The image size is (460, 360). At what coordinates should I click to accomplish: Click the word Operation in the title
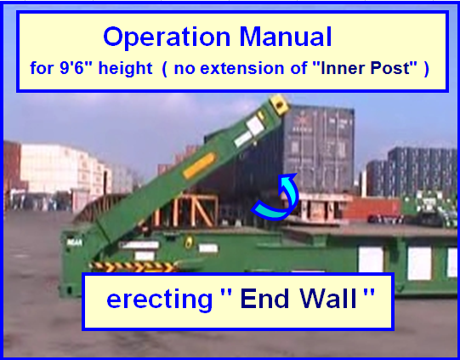(167, 37)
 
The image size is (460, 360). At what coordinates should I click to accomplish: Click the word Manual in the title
(286, 37)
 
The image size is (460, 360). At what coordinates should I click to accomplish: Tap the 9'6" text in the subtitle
(71, 68)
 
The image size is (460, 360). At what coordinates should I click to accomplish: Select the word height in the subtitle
(125, 69)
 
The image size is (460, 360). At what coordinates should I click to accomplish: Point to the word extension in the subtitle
(243, 68)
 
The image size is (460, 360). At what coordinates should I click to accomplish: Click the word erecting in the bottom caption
(159, 300)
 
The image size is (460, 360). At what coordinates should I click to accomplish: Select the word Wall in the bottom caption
(328, 299)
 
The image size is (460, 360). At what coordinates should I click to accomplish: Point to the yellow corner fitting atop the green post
(280, 104)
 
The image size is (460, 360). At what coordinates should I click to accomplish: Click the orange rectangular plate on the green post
(200, 166)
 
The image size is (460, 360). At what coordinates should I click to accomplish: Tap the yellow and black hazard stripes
(134, 266)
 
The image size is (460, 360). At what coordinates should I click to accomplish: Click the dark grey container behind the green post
(319, 149)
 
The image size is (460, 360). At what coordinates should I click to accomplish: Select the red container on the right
(372, 209)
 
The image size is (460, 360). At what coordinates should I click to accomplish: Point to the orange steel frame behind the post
(188, 210)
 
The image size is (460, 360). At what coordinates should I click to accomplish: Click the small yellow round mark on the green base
(188, 243)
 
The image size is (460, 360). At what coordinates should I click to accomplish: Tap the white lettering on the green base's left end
(75, 243)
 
